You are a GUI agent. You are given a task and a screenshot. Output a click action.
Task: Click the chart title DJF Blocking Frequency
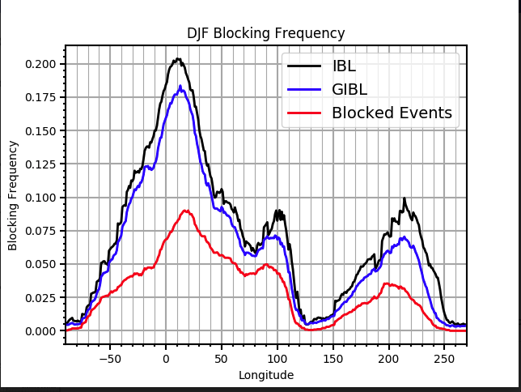[x=266, y=33]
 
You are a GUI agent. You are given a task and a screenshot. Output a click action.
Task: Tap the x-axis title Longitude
[x=266, y=375]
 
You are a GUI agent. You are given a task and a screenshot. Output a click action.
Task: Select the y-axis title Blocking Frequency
[x=13, y=194]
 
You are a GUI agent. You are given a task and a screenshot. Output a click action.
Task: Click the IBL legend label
[x=344, y=66]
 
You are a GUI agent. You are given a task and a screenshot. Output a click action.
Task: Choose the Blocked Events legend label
[x=392, y=113]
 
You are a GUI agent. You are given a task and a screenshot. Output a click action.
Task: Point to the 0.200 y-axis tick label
[x=40, y=64]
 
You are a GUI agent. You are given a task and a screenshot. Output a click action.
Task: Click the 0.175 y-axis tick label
[x=40, y=97]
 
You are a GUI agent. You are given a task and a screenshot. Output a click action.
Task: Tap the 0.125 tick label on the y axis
[x=40, y=164]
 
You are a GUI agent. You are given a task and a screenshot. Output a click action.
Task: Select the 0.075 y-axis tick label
[x=40, y=231]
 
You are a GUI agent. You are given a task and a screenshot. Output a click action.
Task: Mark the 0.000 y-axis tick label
[x=40, y=331]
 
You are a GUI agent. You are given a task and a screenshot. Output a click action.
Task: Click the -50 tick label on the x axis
[x=109, y=358]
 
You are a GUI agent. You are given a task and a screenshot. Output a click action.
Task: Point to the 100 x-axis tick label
[x=277, y=358]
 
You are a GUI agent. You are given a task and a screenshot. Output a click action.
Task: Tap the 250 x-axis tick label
[x=445, y=358]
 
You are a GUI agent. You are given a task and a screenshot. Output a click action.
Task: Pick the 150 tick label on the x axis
[x=333, y=358]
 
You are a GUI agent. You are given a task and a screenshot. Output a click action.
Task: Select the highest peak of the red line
[x=186, y=211]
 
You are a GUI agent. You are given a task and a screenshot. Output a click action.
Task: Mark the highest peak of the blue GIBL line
[x=180, y=86]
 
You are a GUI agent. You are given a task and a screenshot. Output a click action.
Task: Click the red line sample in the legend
[x=303, y=113]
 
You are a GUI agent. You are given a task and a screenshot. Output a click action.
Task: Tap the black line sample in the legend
[x=303, y=66]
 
